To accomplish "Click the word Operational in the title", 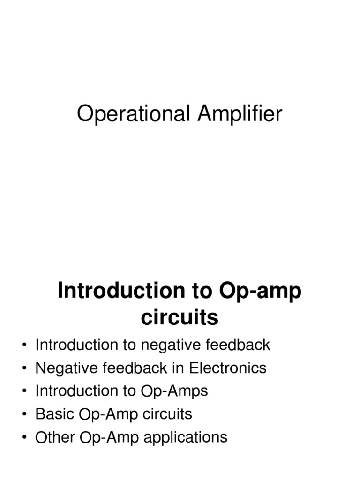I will click(134, 114).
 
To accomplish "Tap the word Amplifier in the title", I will click(239, 114).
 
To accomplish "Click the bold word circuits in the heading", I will click(180, 317).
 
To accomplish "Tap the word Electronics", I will click(228, 368).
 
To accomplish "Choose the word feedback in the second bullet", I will click(134, 368).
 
